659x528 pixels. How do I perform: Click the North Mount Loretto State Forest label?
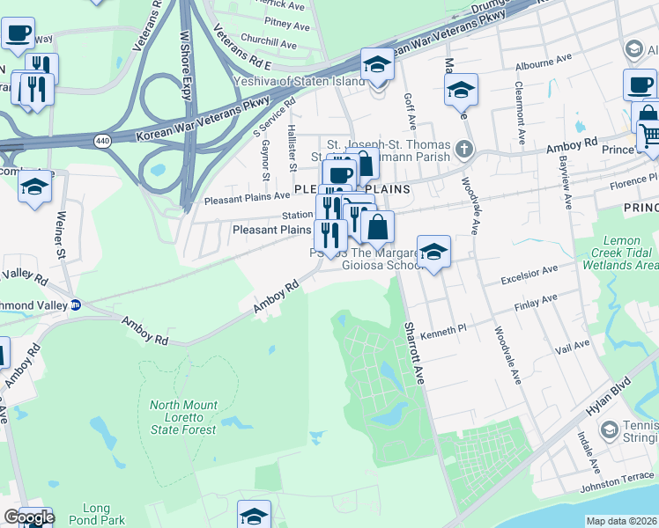183,417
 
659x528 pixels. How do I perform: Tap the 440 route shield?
104,141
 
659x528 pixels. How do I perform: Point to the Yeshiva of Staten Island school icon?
377,64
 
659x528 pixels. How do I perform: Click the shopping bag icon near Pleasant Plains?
377,227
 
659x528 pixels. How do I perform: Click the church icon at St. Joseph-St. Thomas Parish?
464,150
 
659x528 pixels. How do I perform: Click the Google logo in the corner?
29,517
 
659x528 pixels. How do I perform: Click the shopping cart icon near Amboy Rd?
648,135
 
